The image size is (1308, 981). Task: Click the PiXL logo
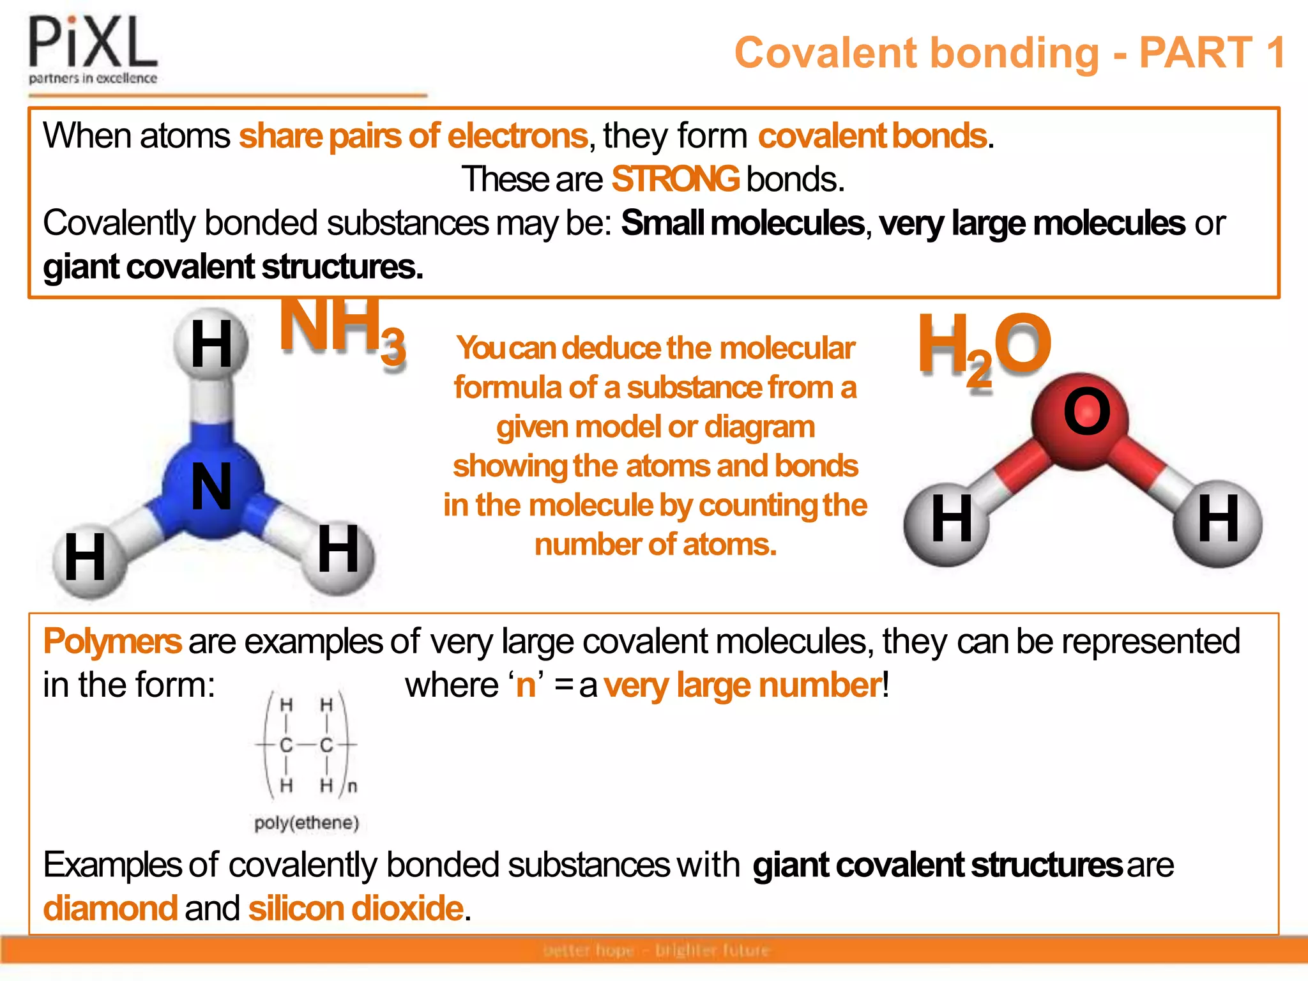pyautogui.click(x=93, y=50)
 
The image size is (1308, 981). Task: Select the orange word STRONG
pyautogui.click(x=675, y=179)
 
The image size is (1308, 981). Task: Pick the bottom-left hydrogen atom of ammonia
pyautogui.click(x=87, y=559)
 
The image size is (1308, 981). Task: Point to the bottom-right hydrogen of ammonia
pyautogui.click(x=338, y=551)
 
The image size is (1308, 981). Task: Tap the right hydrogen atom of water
pyautogui.click(x=1218, y=521)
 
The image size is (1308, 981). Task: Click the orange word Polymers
pyautogui.click(x=112, y=641)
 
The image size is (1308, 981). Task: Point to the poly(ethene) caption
pyautogui.click(x=307, y=823)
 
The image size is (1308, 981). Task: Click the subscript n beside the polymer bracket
pyautogui.click(x=353, y=786)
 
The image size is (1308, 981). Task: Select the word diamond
pyautogui.click(x=110, y=908)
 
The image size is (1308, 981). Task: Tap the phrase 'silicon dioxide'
pyautogui.click(x=356, y=908)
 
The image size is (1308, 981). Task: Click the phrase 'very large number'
pyautogui.click(x=742, y=686)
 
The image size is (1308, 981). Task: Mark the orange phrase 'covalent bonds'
pyautogui.click(x=872, y=136)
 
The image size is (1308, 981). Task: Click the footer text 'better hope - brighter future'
pyautogui.click(x=656, y=950)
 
